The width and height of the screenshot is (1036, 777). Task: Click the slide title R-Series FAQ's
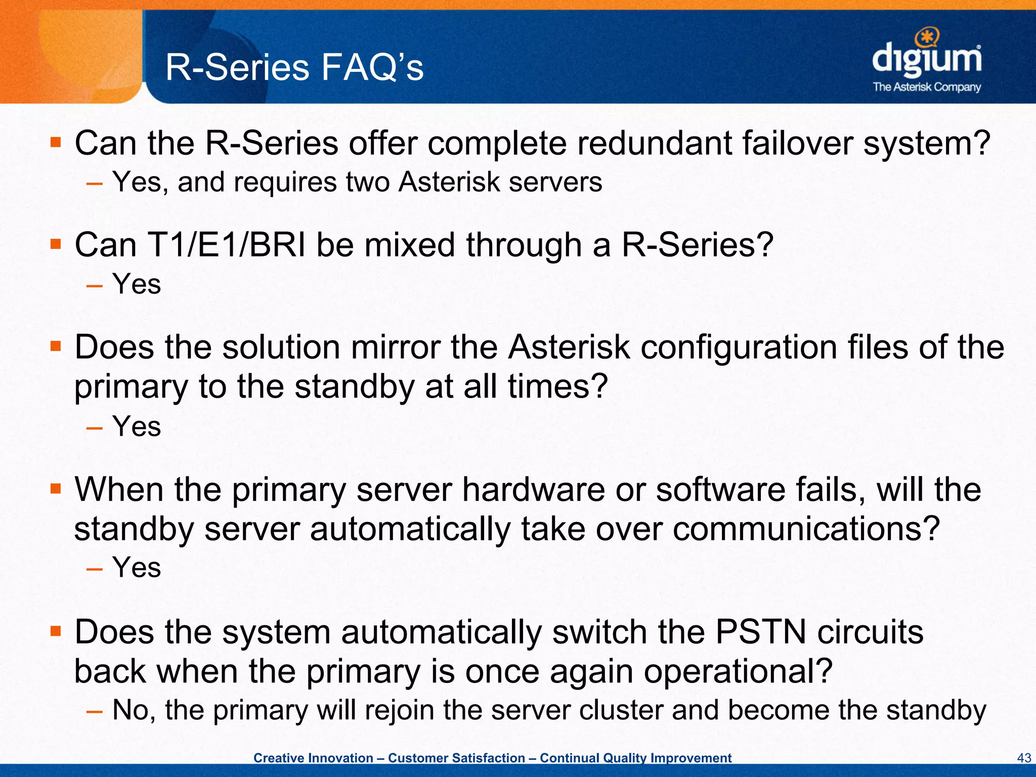[294, 68]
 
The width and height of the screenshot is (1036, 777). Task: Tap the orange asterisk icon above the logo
[927, 36]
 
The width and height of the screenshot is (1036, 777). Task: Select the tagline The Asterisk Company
[927, 87]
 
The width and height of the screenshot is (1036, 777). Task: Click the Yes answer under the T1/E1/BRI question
[137, 284]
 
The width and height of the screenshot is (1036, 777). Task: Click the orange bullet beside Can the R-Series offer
[56, 142]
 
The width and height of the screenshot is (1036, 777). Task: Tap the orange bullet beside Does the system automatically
[56, 631]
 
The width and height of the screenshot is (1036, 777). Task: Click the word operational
[738, 672]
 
